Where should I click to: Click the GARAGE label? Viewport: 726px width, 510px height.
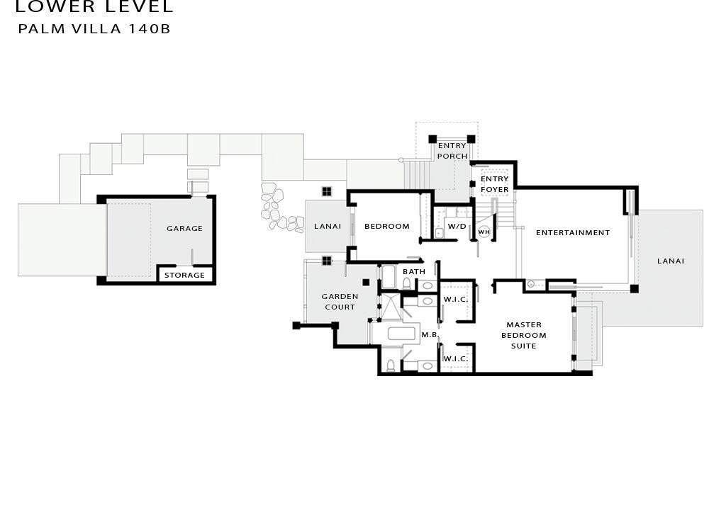pos(184,228)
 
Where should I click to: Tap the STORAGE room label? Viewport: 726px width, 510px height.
pos(184,275)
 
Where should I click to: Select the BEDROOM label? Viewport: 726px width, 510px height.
pos(387,226)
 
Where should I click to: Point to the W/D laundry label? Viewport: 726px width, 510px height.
pos(457,227)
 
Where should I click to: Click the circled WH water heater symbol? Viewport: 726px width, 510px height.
pos(484,232)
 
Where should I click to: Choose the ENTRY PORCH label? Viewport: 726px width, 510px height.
pos(452,151)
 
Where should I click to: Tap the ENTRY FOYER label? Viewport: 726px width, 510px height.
pos(494,184)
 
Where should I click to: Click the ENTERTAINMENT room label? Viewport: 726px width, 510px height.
pos(573,233)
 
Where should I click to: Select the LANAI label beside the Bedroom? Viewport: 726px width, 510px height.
pos(328,226)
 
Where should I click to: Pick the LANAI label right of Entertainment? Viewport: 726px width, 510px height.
pos(671,261)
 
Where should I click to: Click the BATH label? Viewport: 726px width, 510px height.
pos(414,272)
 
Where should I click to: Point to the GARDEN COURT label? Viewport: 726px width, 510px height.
pos(340,302)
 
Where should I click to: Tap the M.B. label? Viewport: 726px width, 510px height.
pos(430,334)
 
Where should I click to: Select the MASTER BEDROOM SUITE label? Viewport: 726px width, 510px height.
pos(524,335)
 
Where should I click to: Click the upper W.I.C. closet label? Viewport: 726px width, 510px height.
pos(456,300)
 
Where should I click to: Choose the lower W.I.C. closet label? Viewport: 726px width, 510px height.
pos(456,358)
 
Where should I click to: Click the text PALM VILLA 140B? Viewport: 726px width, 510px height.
pos(94,29)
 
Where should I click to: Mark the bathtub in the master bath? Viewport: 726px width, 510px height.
pos(403,334)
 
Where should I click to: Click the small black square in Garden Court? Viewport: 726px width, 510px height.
pos(366,282)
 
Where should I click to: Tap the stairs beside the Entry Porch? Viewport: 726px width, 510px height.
pos(413,174)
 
